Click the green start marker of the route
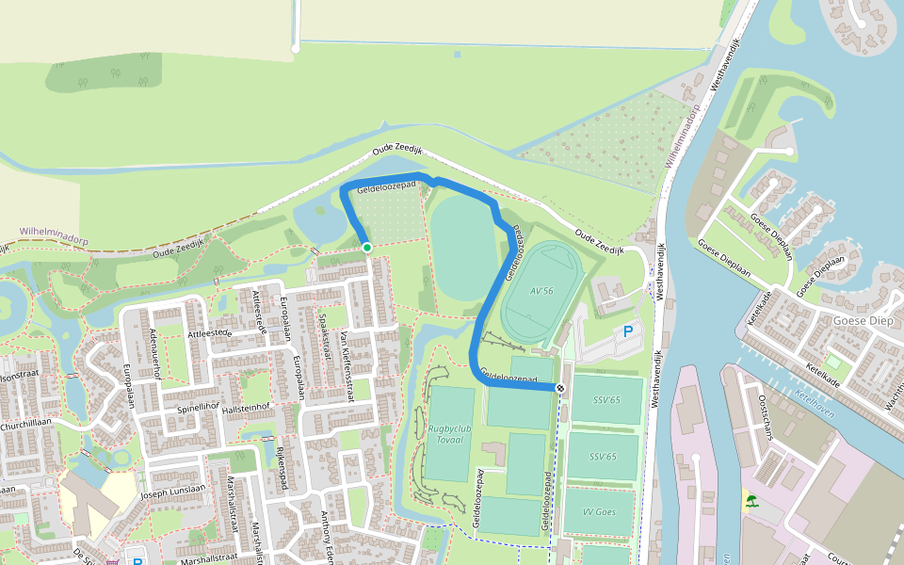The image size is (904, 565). (366, 247)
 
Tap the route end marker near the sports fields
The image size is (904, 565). (560, 388)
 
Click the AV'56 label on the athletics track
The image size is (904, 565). (541, 290)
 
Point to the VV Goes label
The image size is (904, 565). (599, 512)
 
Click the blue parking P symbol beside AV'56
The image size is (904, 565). (628, 332)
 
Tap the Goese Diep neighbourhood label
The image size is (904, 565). (862, 320)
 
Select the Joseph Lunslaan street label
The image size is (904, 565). (171, 492)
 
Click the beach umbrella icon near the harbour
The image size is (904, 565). (751, 500)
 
